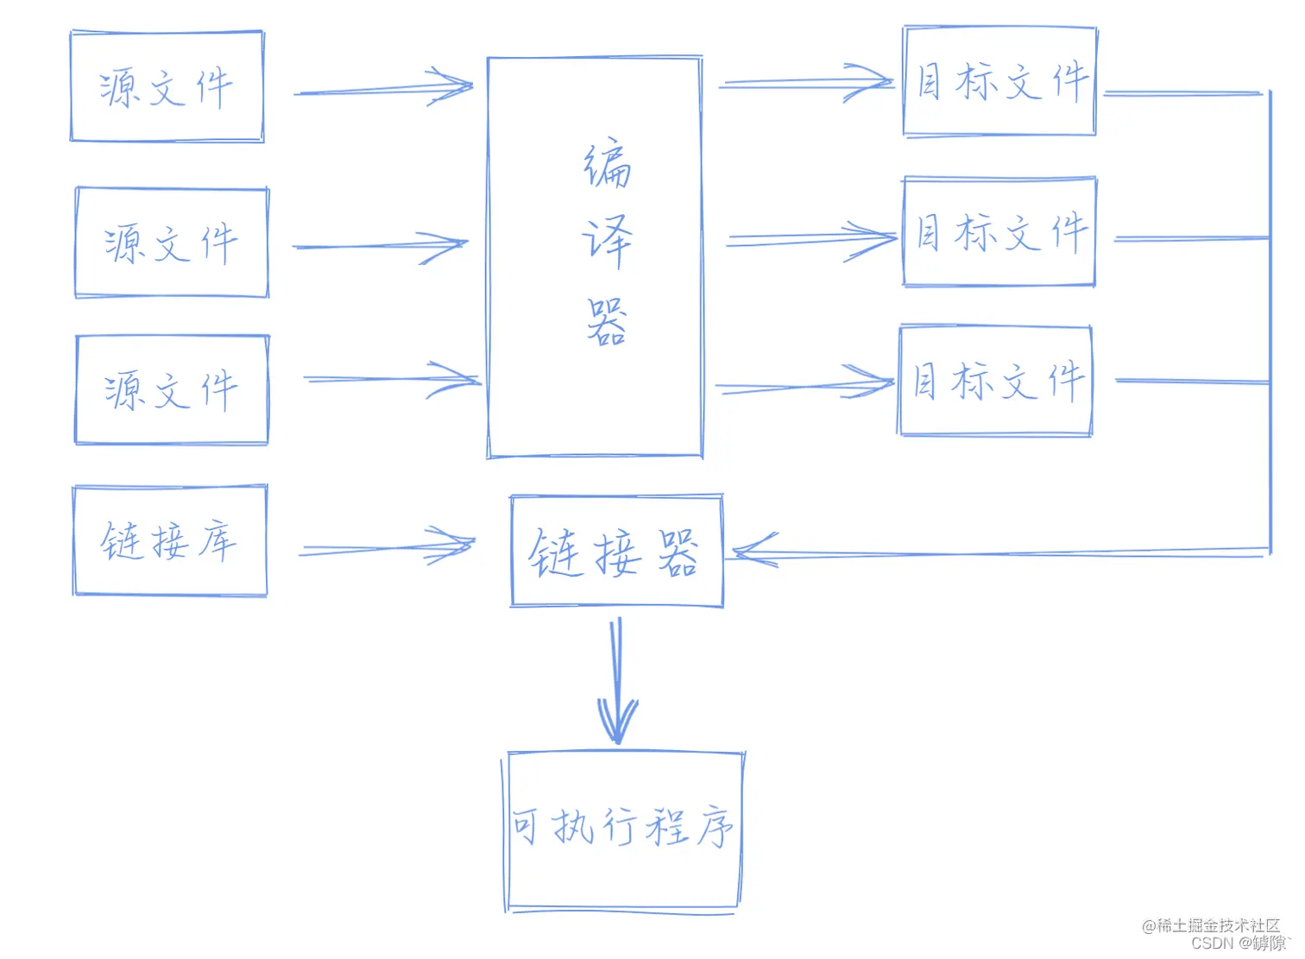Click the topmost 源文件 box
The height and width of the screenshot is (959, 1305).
click(167, 87)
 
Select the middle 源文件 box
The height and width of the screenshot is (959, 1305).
click(172, 243)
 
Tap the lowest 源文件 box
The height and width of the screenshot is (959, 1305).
click(172, 390)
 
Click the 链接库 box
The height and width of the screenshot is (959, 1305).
click(170, 541)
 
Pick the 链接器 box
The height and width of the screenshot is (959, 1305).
click(616, 552)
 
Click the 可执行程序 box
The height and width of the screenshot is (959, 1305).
click(622, 830)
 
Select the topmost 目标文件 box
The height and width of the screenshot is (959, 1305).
click(999, 81)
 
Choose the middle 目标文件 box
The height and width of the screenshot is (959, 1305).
click(999, 232)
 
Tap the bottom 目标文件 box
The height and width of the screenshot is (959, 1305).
click(995, 381)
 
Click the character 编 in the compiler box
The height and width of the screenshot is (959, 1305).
click(607, 164)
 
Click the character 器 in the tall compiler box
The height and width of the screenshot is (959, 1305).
click(607, 322)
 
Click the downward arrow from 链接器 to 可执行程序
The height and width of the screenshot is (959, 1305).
click(617, 682)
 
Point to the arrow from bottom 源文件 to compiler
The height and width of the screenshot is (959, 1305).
click(392, 380)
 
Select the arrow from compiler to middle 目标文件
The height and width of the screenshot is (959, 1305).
click(811, 238)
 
